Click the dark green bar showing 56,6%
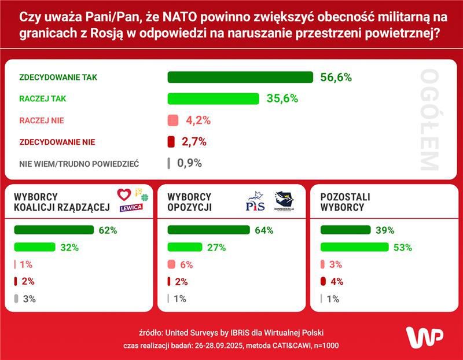[240, 78]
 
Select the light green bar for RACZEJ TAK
[213, 99]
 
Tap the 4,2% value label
[198, 120]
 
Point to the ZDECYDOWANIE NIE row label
[57, 142]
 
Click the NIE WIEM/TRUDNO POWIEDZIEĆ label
[79, 164]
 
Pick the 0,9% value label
[190, 163]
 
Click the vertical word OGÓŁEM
[430, 120]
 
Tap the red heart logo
[124, 194]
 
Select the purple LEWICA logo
[131, 207]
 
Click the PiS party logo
[255, 203]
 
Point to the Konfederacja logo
[284, 201]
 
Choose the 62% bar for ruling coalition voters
[54, 230]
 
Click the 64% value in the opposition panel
[264, 230]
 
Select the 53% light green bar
[355, 248]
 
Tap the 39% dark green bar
[346, 230]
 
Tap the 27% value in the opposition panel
[216, 248]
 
